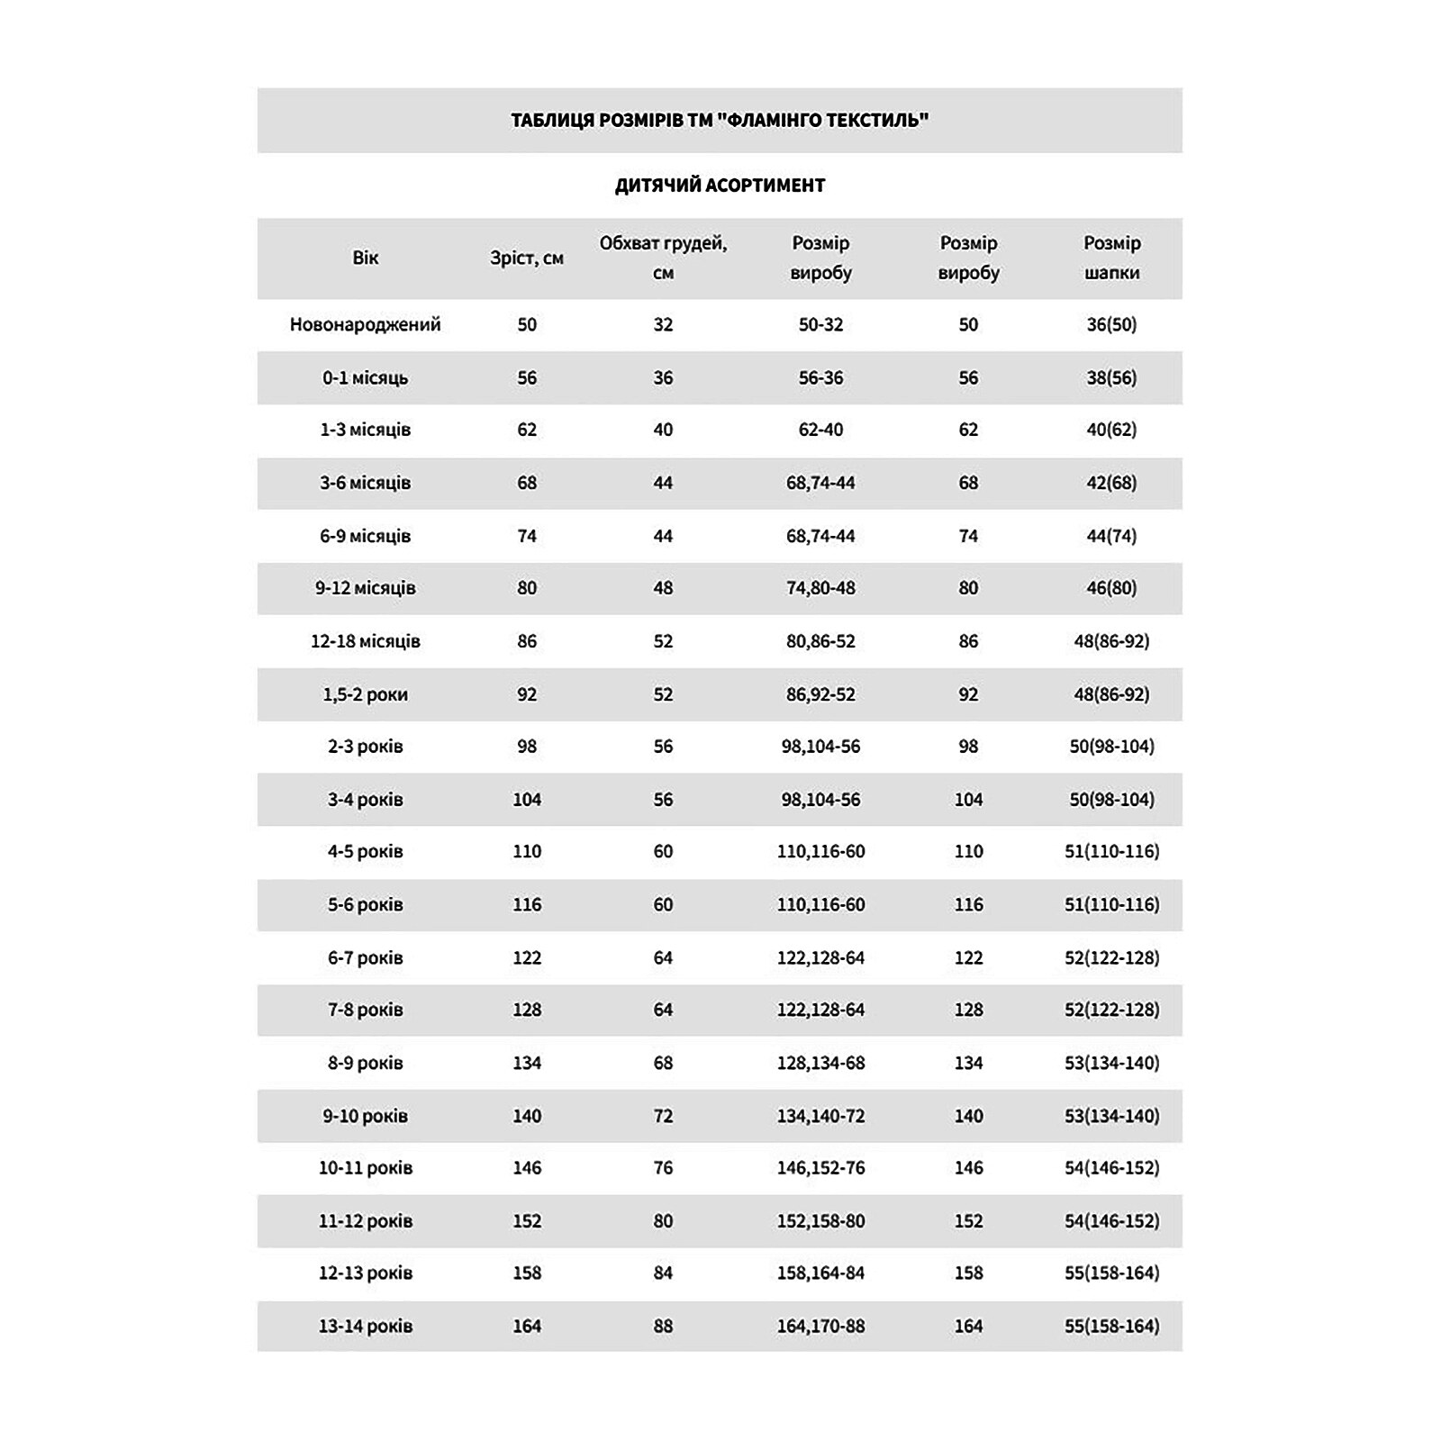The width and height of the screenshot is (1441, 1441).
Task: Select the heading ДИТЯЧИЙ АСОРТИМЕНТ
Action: pyautogui.click(x=720, y=186)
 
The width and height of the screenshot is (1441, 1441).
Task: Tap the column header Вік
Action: pyautogui.click(x=365, y=258)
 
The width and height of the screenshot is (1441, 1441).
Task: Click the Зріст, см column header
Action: pyautogui.click(x=527, y=258)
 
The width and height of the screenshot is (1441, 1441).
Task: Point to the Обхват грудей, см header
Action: pyautogui.click(x=663, y=258)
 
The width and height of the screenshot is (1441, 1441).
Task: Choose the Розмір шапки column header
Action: pyautogui.click(x=1111, y=258)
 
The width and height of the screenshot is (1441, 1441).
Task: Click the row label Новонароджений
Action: pyautogui.click(x=365, y=324)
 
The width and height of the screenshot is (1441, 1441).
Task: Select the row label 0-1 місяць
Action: pyautogui.click(x=365, y=377)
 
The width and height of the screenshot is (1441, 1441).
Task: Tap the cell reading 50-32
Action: pyautogui.click(x=820, y=324)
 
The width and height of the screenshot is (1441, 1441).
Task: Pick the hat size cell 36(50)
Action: pyautogui.click(x=1111, y=324)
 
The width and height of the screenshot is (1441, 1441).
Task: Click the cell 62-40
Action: pyautogui.click(x=820, y=430)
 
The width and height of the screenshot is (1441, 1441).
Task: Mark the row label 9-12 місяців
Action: pyautogui.click(x=365, y=588)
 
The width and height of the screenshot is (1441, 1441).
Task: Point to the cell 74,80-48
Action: pyautogui.click(x=820, y=588)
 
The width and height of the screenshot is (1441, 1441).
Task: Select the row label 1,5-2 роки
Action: pyautogui.click(x=365, y=694)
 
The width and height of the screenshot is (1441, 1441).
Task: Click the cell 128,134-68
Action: pyautogui.click(x=820, y=1063)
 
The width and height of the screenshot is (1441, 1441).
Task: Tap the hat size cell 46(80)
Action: pyautogui.click(x=1111, y=588)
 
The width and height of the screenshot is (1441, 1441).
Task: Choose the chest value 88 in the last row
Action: pyautogui.click(x=663, y=1326)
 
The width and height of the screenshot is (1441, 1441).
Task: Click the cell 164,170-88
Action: pyautogui.click(x=820, y=1326)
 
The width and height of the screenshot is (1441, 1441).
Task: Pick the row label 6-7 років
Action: pyautogui.click(x=365, y=957)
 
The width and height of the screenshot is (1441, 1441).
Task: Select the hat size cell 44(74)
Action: pyautogui.click(x=1111, y=536)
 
